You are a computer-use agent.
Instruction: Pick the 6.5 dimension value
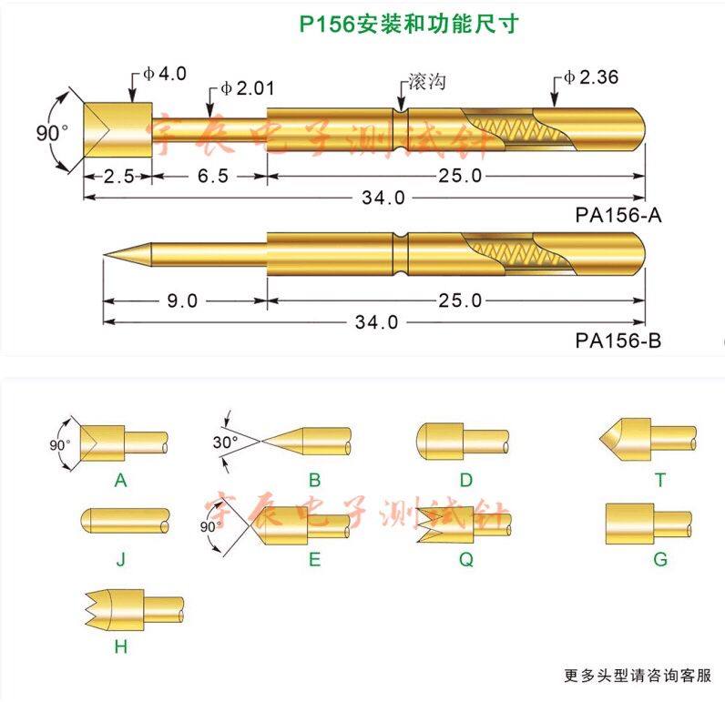click(210, 176)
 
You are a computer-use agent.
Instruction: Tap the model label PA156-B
click(618, 341)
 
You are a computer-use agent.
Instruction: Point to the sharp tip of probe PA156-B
click(106, 254)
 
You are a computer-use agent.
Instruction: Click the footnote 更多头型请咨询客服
click(637, 676)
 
